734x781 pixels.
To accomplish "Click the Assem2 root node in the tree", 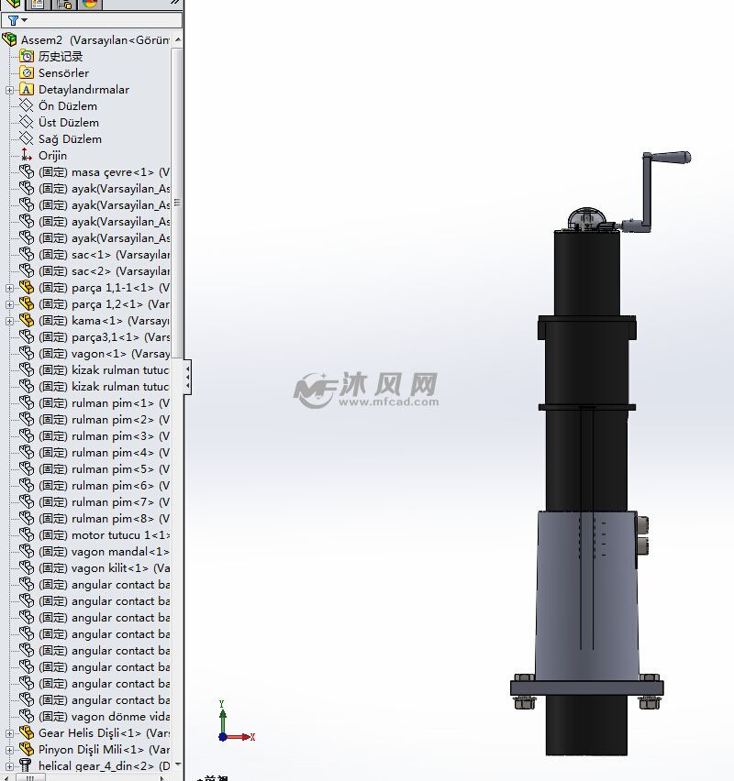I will pyautogui.click(x=92, y=40).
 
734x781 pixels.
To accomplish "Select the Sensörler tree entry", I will pyautogui.click(x=63, y=73).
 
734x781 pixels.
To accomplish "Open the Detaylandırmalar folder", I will pyautogui.click(x=83, y=90).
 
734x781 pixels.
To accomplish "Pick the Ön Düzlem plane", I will pyautogui.click(x=67, y=106).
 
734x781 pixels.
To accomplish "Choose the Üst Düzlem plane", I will pyautogui.click(x=68, y=123).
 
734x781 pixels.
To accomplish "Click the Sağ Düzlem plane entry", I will pyautogui.click(x=70, y=139).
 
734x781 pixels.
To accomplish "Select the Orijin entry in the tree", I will pyautogui.click(x=52, y=156).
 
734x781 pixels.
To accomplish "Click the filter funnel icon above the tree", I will pyautogui.click(x=14, y=20).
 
